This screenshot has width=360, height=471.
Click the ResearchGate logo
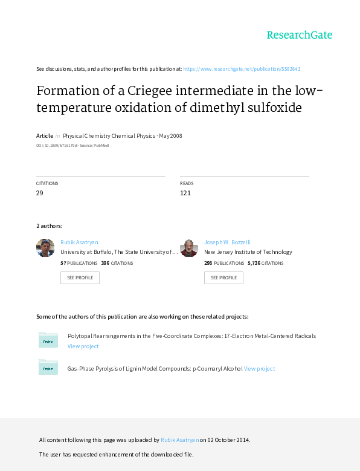(300, 35)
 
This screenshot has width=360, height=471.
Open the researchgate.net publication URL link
(242, 69)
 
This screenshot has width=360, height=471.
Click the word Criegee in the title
(150, 91)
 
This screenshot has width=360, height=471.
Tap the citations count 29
(40, 193)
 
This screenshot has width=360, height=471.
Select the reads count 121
(185, 193)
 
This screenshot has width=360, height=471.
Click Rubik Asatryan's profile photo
(45, 248)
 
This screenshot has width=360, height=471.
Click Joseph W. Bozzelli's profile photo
(189, 248)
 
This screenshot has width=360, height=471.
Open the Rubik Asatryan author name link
(79, 242)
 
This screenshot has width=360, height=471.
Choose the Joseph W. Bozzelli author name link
(227, 242)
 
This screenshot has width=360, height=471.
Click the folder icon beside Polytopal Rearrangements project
(48, 340)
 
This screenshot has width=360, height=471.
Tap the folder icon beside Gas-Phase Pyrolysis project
(48, 367)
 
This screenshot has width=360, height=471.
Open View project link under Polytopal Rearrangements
(83, 346)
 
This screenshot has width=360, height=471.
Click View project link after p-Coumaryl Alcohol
(259, 369)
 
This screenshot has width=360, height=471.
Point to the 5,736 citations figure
(254, 263)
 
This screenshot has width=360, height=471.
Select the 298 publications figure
(208, 263)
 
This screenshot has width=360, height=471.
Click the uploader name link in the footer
(180, 440)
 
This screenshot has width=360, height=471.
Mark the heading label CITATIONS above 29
(47, 183)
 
